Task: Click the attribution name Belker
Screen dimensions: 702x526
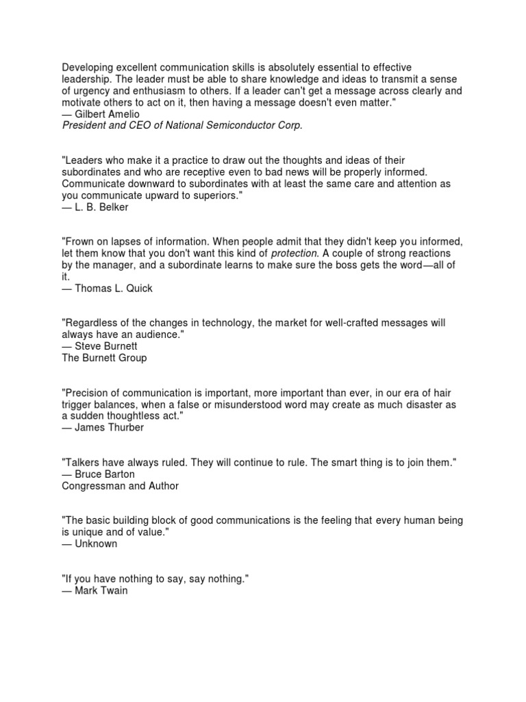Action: [x=112, y=207]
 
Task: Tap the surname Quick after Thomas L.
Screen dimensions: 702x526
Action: [x=138, y=288]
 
